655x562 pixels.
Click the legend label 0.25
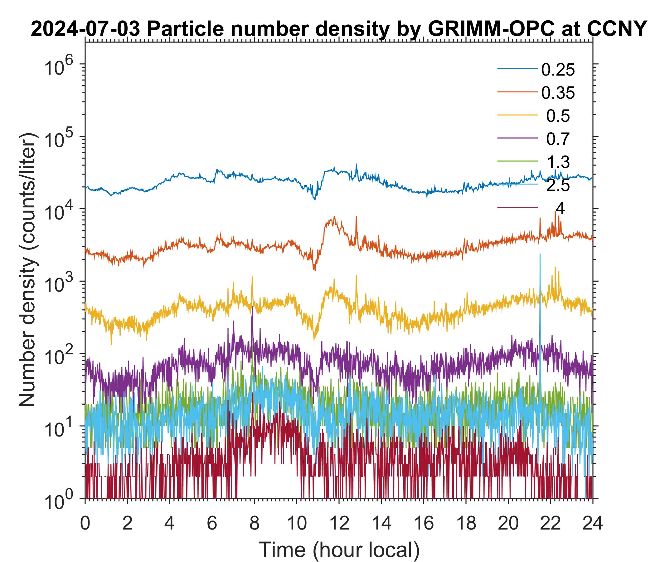click(558, 70)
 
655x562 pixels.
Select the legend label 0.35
click(558, 93)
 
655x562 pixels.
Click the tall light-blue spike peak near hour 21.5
click(540, 254)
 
